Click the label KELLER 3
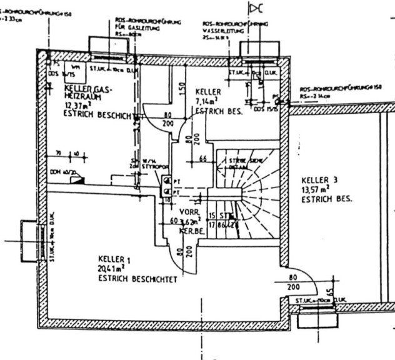click(319, 180)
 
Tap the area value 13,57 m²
click(316, 190)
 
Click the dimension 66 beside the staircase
click(203, 159)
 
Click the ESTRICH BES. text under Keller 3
click(326, 200)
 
